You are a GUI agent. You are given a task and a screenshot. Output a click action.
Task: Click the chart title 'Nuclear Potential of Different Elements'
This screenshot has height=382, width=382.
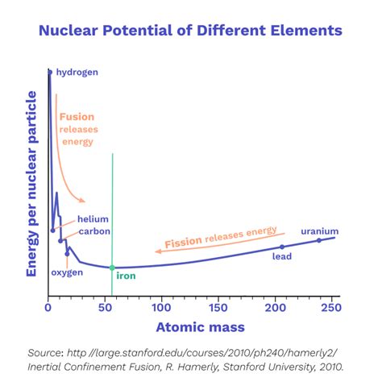tap(191, 31)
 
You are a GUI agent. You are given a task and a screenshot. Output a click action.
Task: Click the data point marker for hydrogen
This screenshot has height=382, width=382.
tap(49, 73)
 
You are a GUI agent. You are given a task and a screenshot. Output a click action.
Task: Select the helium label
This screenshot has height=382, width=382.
tap(93, 219)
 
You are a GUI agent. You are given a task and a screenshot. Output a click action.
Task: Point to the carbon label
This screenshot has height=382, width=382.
tap(93, 231)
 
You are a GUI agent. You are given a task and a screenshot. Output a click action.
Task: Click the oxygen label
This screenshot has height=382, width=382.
tap(68, 272)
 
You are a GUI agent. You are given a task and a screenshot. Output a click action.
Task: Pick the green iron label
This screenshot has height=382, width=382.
tap(127, 276)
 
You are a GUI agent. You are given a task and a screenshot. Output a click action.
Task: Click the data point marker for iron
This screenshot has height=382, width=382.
tap(112, 268)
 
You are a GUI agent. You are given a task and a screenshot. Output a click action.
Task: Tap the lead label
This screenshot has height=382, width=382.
tap(281, 257)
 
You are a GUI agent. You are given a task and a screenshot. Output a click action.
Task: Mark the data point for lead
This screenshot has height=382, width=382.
tap(282, 247)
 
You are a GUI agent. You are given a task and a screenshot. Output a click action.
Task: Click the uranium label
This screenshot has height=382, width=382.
tap(319, 231)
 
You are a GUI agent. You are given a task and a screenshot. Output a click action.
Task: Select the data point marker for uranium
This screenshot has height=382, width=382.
tap(319, 240)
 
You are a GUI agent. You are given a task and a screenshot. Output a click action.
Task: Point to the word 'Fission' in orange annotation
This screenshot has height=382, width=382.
tap(182, 242)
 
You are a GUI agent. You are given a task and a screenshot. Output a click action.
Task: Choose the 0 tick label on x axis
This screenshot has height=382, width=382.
tap(48, 308)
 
